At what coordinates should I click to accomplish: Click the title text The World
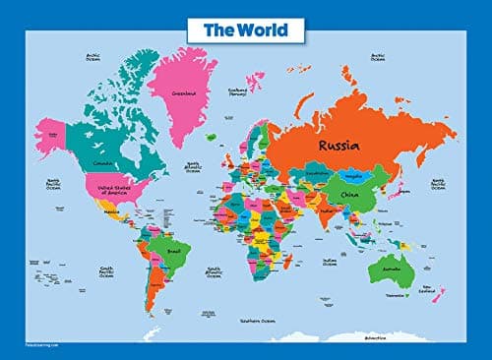[x=245, y=30]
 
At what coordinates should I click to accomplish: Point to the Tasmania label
[x=398, y=294]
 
